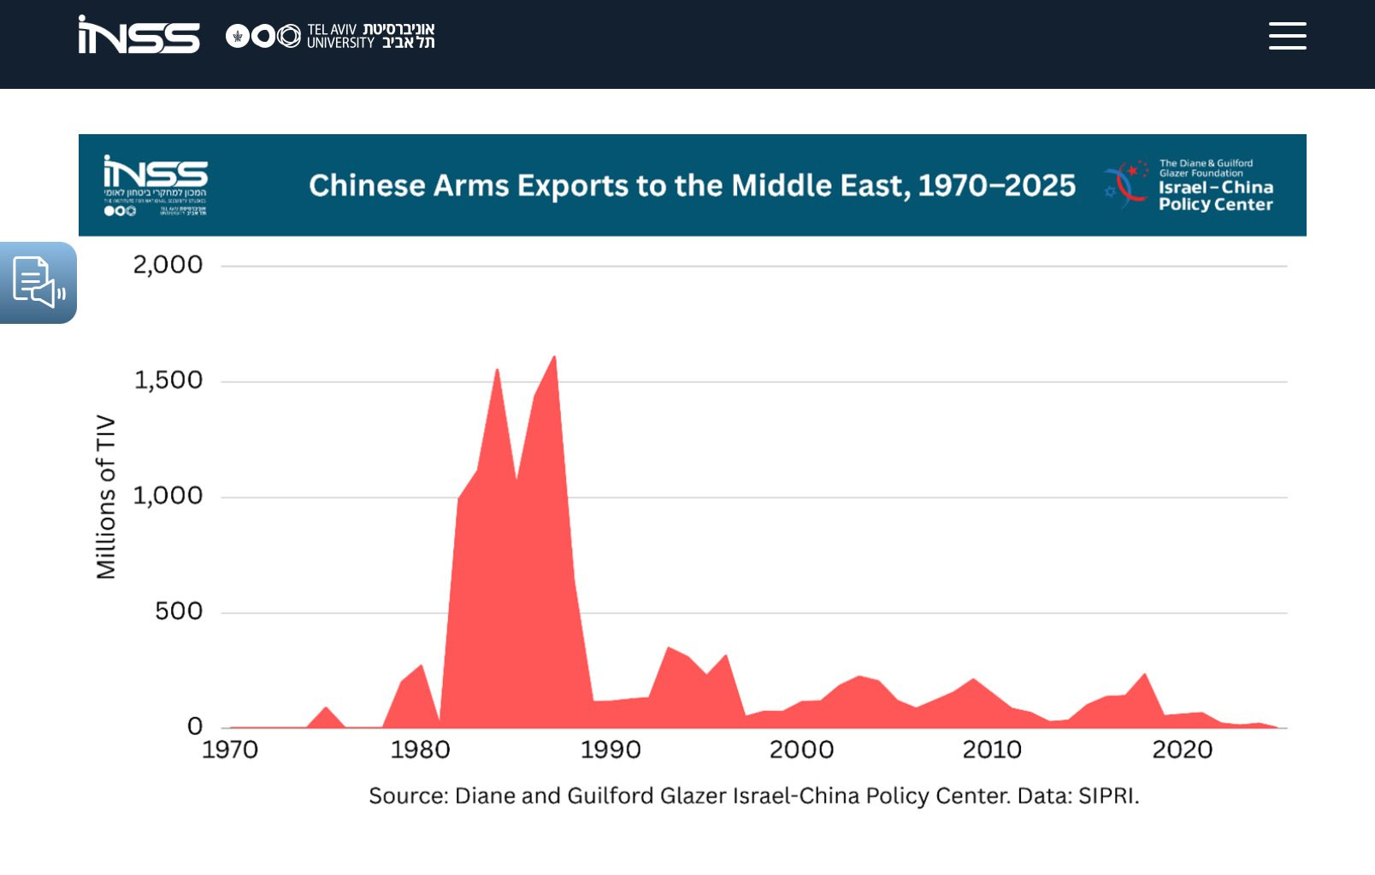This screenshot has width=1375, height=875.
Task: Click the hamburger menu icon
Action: (1287, 36)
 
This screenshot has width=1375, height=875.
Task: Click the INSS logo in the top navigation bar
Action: (139, 36)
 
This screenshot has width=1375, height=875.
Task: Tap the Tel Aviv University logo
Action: (330, 36)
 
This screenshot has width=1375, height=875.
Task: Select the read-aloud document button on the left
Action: (38, 282)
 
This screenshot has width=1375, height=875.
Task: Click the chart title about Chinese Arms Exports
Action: (692, 185)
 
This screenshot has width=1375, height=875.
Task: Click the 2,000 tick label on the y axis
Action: (168, 265)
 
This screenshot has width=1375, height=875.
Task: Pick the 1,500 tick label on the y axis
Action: (168, 380)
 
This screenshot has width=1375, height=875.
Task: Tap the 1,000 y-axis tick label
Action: (168, 496)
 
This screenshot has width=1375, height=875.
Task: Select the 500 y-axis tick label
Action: (179, 611)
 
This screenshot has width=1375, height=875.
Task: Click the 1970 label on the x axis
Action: (229, 750)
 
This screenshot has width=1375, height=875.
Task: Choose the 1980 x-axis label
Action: (420, 750)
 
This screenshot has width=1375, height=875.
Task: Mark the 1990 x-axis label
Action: (611, 750)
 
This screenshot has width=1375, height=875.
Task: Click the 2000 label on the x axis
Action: (801, 750)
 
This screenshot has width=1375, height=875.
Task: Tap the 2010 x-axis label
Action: (992, 750)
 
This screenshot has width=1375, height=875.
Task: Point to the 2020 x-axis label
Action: (1183, 750)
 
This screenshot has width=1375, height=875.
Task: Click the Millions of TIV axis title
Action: (106, 496)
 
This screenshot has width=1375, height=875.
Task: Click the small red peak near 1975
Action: (325, 708)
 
